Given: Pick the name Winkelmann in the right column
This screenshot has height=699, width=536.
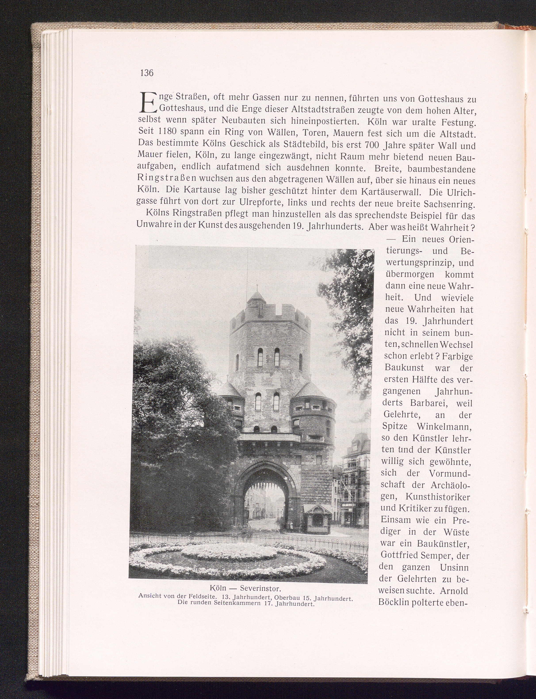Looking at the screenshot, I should coord(445,427).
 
